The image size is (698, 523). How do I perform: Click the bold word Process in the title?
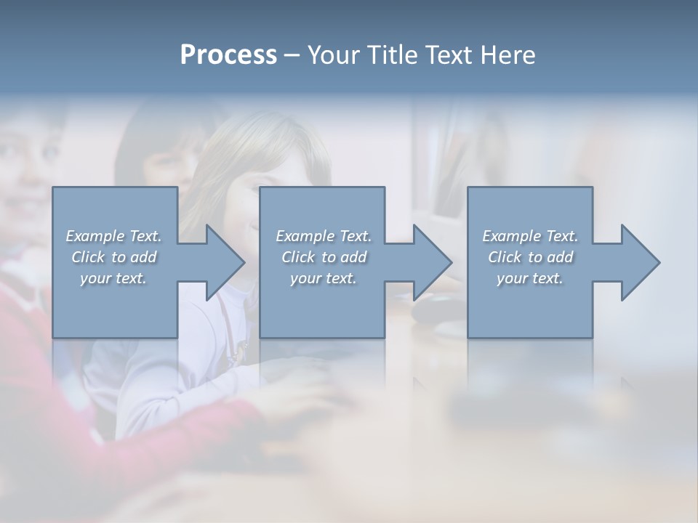click(x=228, y=55)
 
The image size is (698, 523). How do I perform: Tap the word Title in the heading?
click(x=391, y=55)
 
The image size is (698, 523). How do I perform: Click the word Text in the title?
click(x=449, y=55)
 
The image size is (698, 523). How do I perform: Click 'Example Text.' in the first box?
click(x=114, y=236)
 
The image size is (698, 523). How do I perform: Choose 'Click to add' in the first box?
click(x=114, y=257)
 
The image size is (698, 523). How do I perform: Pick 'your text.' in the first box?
click(x=114, y=278)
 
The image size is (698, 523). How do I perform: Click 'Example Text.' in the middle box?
click(x=324, y=236)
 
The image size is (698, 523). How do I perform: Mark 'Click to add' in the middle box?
click(x=324, y=257)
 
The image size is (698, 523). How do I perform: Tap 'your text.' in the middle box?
click(x=324, y=278)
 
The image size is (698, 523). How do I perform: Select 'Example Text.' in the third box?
click(x=530, y=236)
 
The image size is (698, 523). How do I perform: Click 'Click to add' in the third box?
click(x=530, y=257)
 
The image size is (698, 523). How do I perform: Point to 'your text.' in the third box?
click(x=530, y=278)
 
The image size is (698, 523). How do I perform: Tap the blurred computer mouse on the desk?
click(x=436, y=309)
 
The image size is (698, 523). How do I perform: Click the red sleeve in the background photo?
click(x=44, y=407)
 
